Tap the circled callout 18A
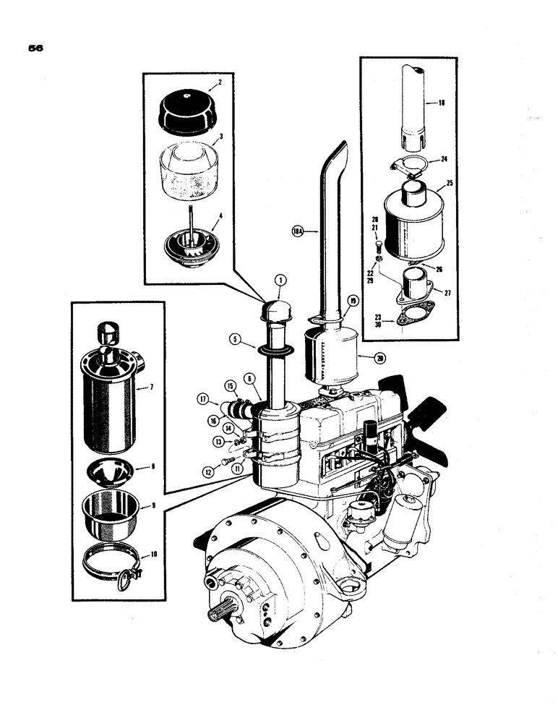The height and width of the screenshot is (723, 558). pos(296,232)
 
